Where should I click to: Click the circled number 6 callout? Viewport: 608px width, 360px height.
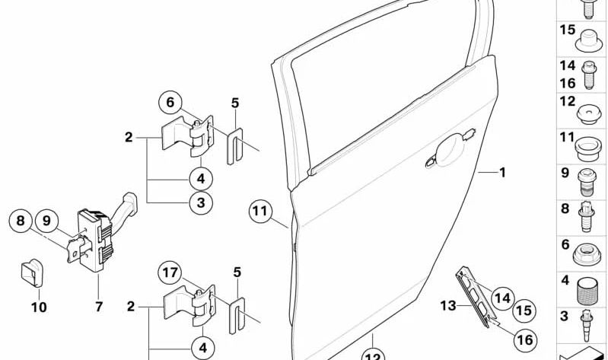[x=170, y=103]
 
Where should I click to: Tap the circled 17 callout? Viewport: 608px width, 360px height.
[x=170, y=272]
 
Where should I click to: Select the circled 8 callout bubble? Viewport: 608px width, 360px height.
[x=20, y=221]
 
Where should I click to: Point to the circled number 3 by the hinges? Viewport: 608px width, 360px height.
[x=201, y=202]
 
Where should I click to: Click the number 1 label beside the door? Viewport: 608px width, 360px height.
[x=502, y=172]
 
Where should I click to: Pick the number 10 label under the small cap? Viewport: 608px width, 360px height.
[x=39, y=307]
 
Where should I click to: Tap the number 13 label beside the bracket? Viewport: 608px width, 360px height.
[x=448, y=306]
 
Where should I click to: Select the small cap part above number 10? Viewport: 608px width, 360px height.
[x=31, y=272]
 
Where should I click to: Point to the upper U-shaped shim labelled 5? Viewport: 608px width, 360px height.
[x=234, y=146]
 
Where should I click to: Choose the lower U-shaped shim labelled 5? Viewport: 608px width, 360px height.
[x=237, y=315]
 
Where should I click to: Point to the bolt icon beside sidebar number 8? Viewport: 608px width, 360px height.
[x=586, y=217]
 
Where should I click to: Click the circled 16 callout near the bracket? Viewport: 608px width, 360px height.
[x=525, y=339]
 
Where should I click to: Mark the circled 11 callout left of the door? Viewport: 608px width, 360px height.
[x=260, y=211]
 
